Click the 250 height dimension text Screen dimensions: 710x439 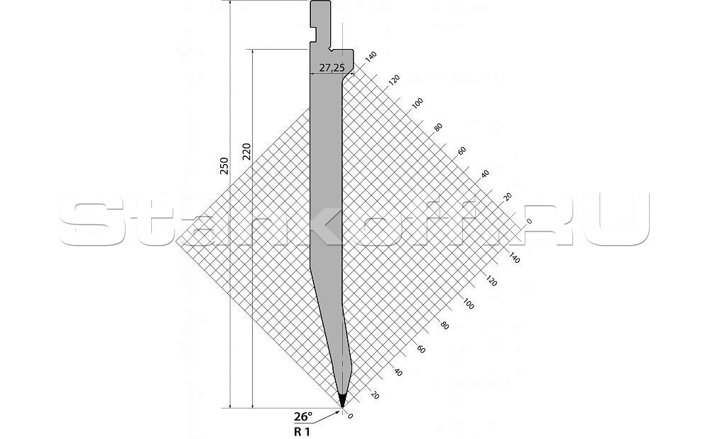click(x=224, y=166)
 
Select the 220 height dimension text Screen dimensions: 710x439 click(x=247, y=151)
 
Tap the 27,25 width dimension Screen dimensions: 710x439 click(x=332, y=68)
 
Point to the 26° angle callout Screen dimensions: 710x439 click(x=303, y=416)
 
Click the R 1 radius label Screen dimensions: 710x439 click(x=302, y=432)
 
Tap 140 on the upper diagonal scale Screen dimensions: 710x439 click(x=371, y=57)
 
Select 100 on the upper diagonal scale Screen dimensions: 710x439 click(x=417, y=103)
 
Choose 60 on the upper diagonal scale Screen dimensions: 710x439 click(x=461, y=151)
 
